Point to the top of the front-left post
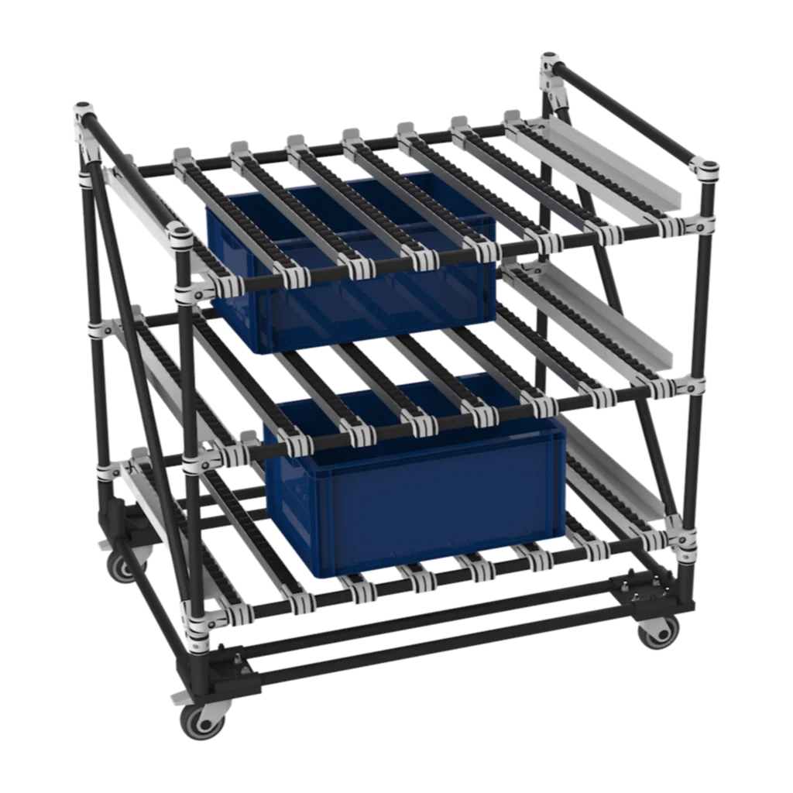coord(180,236)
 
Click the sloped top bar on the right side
coord(627,116)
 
